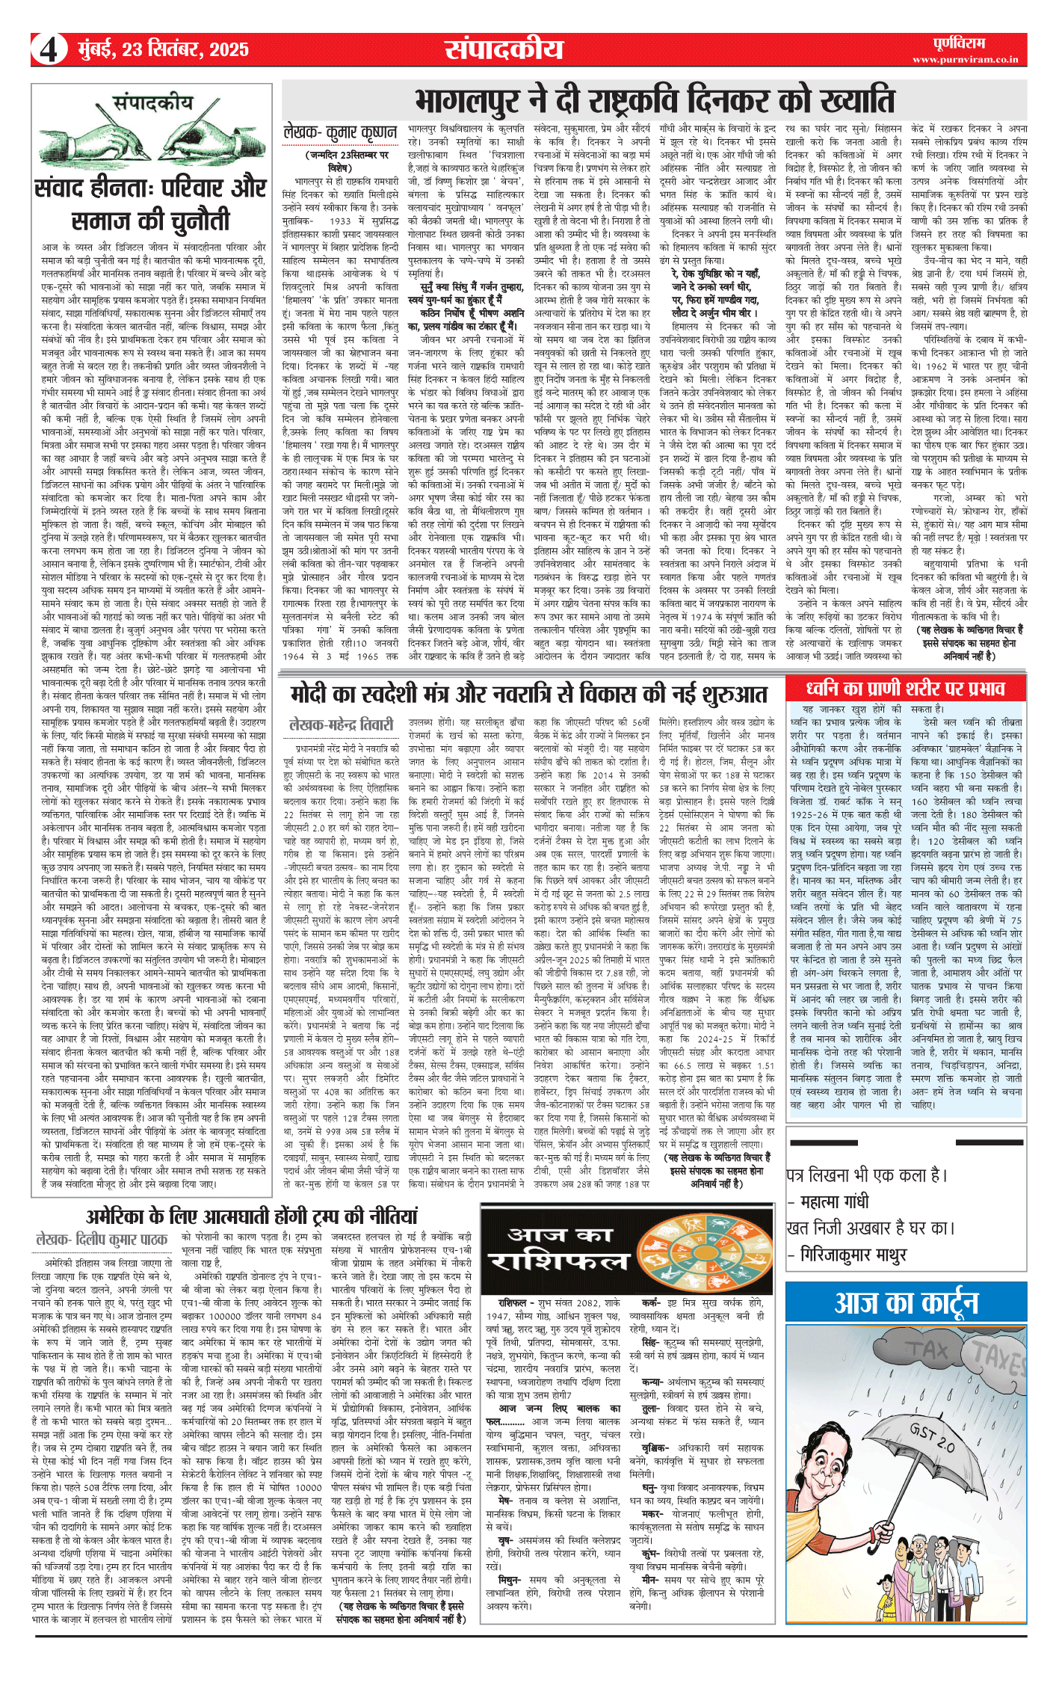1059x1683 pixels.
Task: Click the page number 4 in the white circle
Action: (48, 50)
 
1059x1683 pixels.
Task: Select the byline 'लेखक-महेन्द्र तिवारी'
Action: (341, 724)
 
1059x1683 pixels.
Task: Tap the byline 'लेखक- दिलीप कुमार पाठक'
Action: (102, 1240)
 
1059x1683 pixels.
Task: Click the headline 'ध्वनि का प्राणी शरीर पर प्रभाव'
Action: (905, 688)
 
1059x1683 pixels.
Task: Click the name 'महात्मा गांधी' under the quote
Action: (835, 1202)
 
